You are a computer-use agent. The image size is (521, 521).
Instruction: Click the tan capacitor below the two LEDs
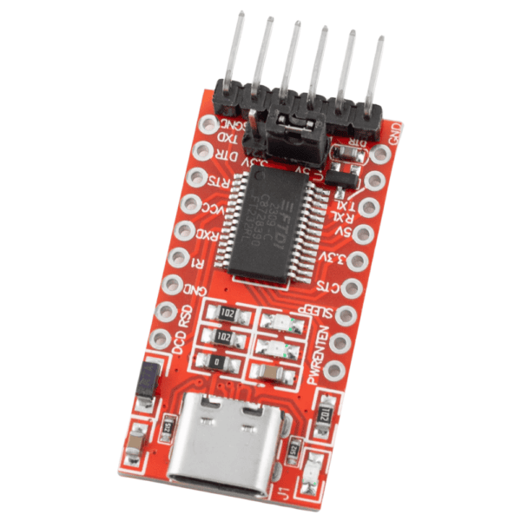(x=270, y=372)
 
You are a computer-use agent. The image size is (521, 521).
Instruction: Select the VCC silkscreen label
(x=212, y=208)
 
